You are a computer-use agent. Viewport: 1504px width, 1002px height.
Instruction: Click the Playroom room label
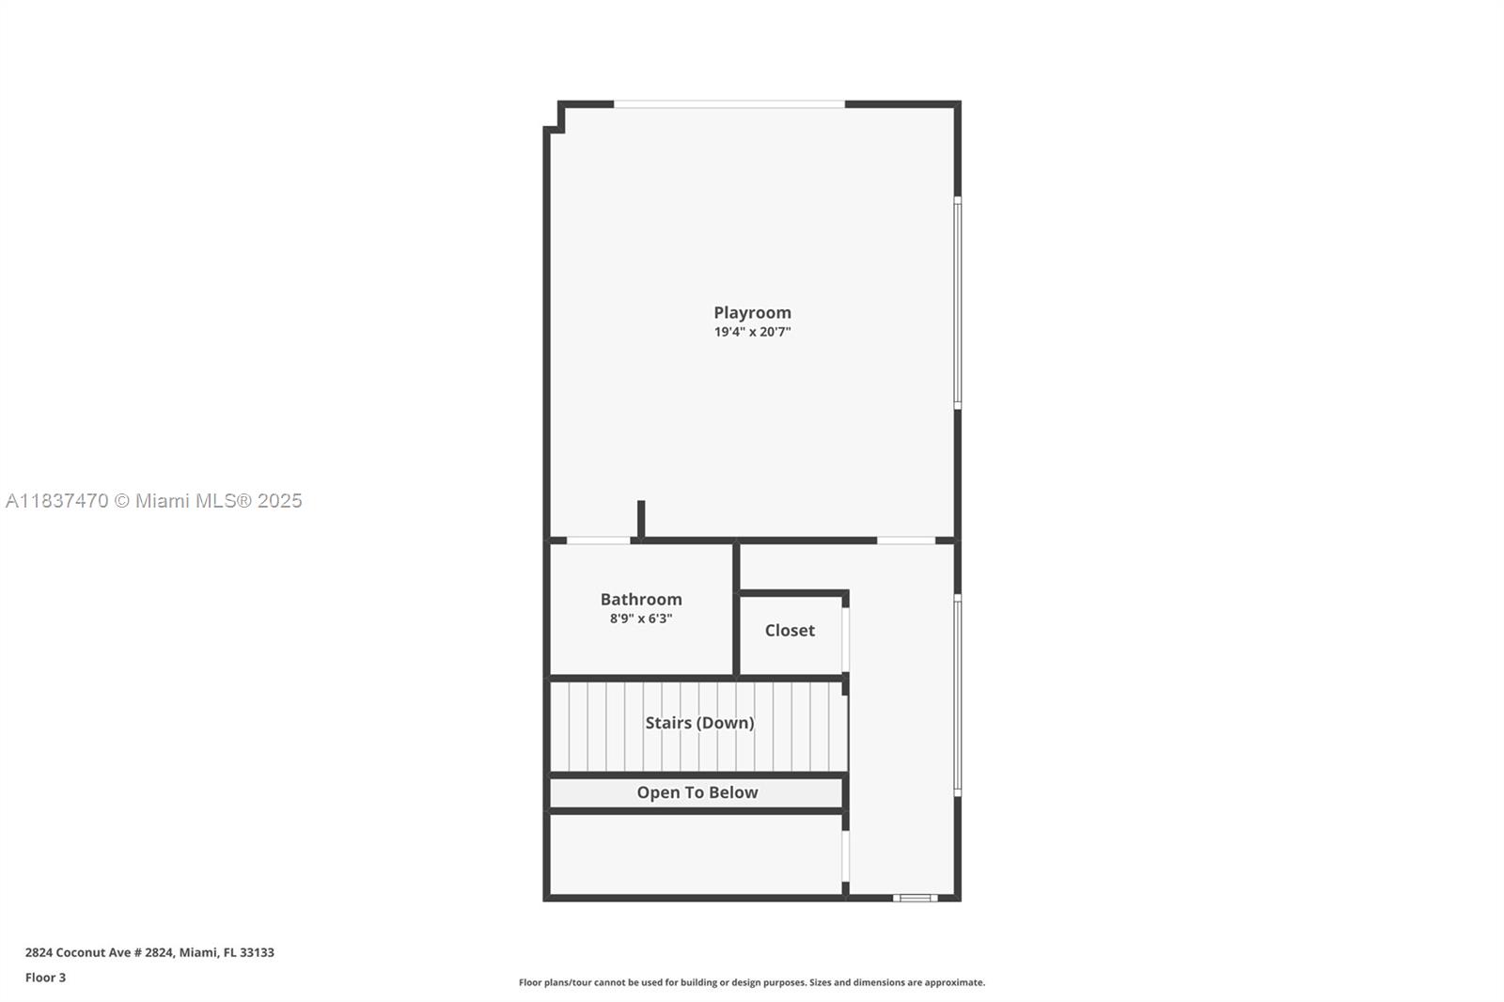(752, 312)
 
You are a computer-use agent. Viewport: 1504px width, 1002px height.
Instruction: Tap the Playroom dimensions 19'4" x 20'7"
(752, 332)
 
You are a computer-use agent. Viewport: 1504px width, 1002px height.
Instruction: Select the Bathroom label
(641, 599)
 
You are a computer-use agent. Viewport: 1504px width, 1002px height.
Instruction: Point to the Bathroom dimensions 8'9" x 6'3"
(641, 618)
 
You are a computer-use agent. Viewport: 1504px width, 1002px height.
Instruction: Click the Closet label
(790, 630)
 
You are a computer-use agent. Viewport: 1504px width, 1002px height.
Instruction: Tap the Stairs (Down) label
(699, 722)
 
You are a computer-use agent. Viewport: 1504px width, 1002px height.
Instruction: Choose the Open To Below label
(697, 792)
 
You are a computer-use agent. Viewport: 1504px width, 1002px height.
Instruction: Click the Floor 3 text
(45, 978)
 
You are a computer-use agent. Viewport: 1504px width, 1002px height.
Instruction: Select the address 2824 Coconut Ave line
(149, 952)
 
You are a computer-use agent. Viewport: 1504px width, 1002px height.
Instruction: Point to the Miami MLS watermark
(153, 501)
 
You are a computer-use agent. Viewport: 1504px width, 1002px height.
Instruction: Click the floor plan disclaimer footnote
(752, 982)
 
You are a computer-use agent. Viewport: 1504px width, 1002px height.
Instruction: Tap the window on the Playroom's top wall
(729, 103)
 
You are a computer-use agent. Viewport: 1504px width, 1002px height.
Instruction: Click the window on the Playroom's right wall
(958, 302)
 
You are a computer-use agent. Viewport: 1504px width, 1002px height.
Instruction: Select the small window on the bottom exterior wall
(915, 898)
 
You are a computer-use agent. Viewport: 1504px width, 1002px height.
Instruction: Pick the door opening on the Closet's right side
(845, 640)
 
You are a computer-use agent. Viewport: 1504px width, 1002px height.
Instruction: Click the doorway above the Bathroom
(598, 540)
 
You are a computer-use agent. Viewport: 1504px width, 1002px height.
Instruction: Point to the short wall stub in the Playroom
(641, 520)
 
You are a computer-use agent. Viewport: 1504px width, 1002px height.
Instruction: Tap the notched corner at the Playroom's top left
(555, 117)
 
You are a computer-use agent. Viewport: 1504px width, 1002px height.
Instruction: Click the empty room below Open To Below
(696, 853)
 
